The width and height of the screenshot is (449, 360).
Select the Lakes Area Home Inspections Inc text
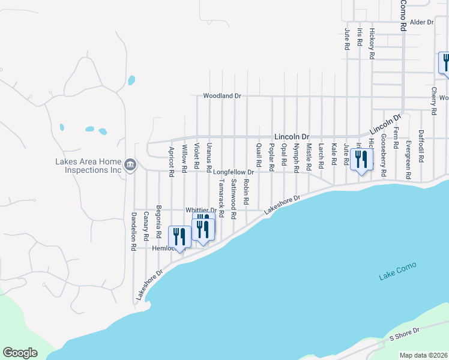click(x=88, y=165)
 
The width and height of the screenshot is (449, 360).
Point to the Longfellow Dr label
click(x=234, y=172)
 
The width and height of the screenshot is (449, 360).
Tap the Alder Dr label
click(x=421, y=22)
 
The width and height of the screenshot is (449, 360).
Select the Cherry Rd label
click(x=433, y=101)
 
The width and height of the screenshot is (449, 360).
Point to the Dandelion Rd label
click(x=134, y=231)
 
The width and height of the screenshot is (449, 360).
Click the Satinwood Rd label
click(x=234, y=198)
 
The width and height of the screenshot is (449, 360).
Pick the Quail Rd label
click(x=259, y=155)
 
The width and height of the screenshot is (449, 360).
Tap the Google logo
click(x=20, y=353)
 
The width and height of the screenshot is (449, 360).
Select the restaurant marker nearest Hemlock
click(x=179, y=238)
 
